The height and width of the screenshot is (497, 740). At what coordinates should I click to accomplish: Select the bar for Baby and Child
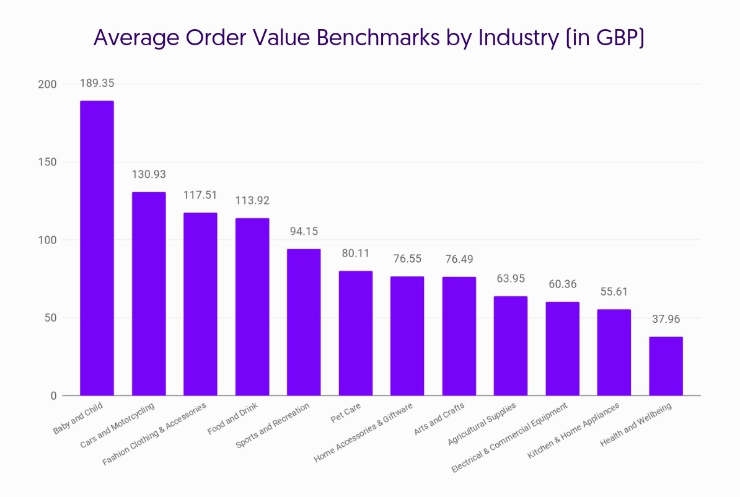pos(97,248)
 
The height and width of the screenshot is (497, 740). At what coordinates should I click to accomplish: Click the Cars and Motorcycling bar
pos(149,294)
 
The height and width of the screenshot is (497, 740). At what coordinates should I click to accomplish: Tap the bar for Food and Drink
pos(252,307)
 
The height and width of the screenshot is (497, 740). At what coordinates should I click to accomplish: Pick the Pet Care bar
pos(356,333)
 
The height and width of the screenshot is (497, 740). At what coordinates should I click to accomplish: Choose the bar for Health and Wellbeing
pos(666,366)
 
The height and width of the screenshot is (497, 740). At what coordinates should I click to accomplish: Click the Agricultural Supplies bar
pos(511,346)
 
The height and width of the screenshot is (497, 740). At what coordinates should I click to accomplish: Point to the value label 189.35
pos(97,83)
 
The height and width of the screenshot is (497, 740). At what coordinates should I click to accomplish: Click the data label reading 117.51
pos(200,195)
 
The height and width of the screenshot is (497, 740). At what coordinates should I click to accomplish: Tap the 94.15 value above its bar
pos(304,231)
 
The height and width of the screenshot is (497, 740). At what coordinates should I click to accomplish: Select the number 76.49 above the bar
pos(459,259)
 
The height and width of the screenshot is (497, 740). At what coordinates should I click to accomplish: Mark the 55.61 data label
pos(614,291)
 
